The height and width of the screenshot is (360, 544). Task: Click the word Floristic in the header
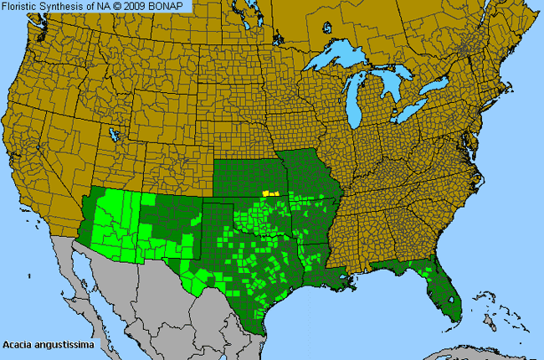click(x=20, y=6)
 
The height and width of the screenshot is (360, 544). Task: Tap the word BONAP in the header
click(x=172, y=6)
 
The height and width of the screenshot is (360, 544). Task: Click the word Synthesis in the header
click(x=62, y=6)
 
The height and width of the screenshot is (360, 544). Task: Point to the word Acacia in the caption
click(x=18, y=344)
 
